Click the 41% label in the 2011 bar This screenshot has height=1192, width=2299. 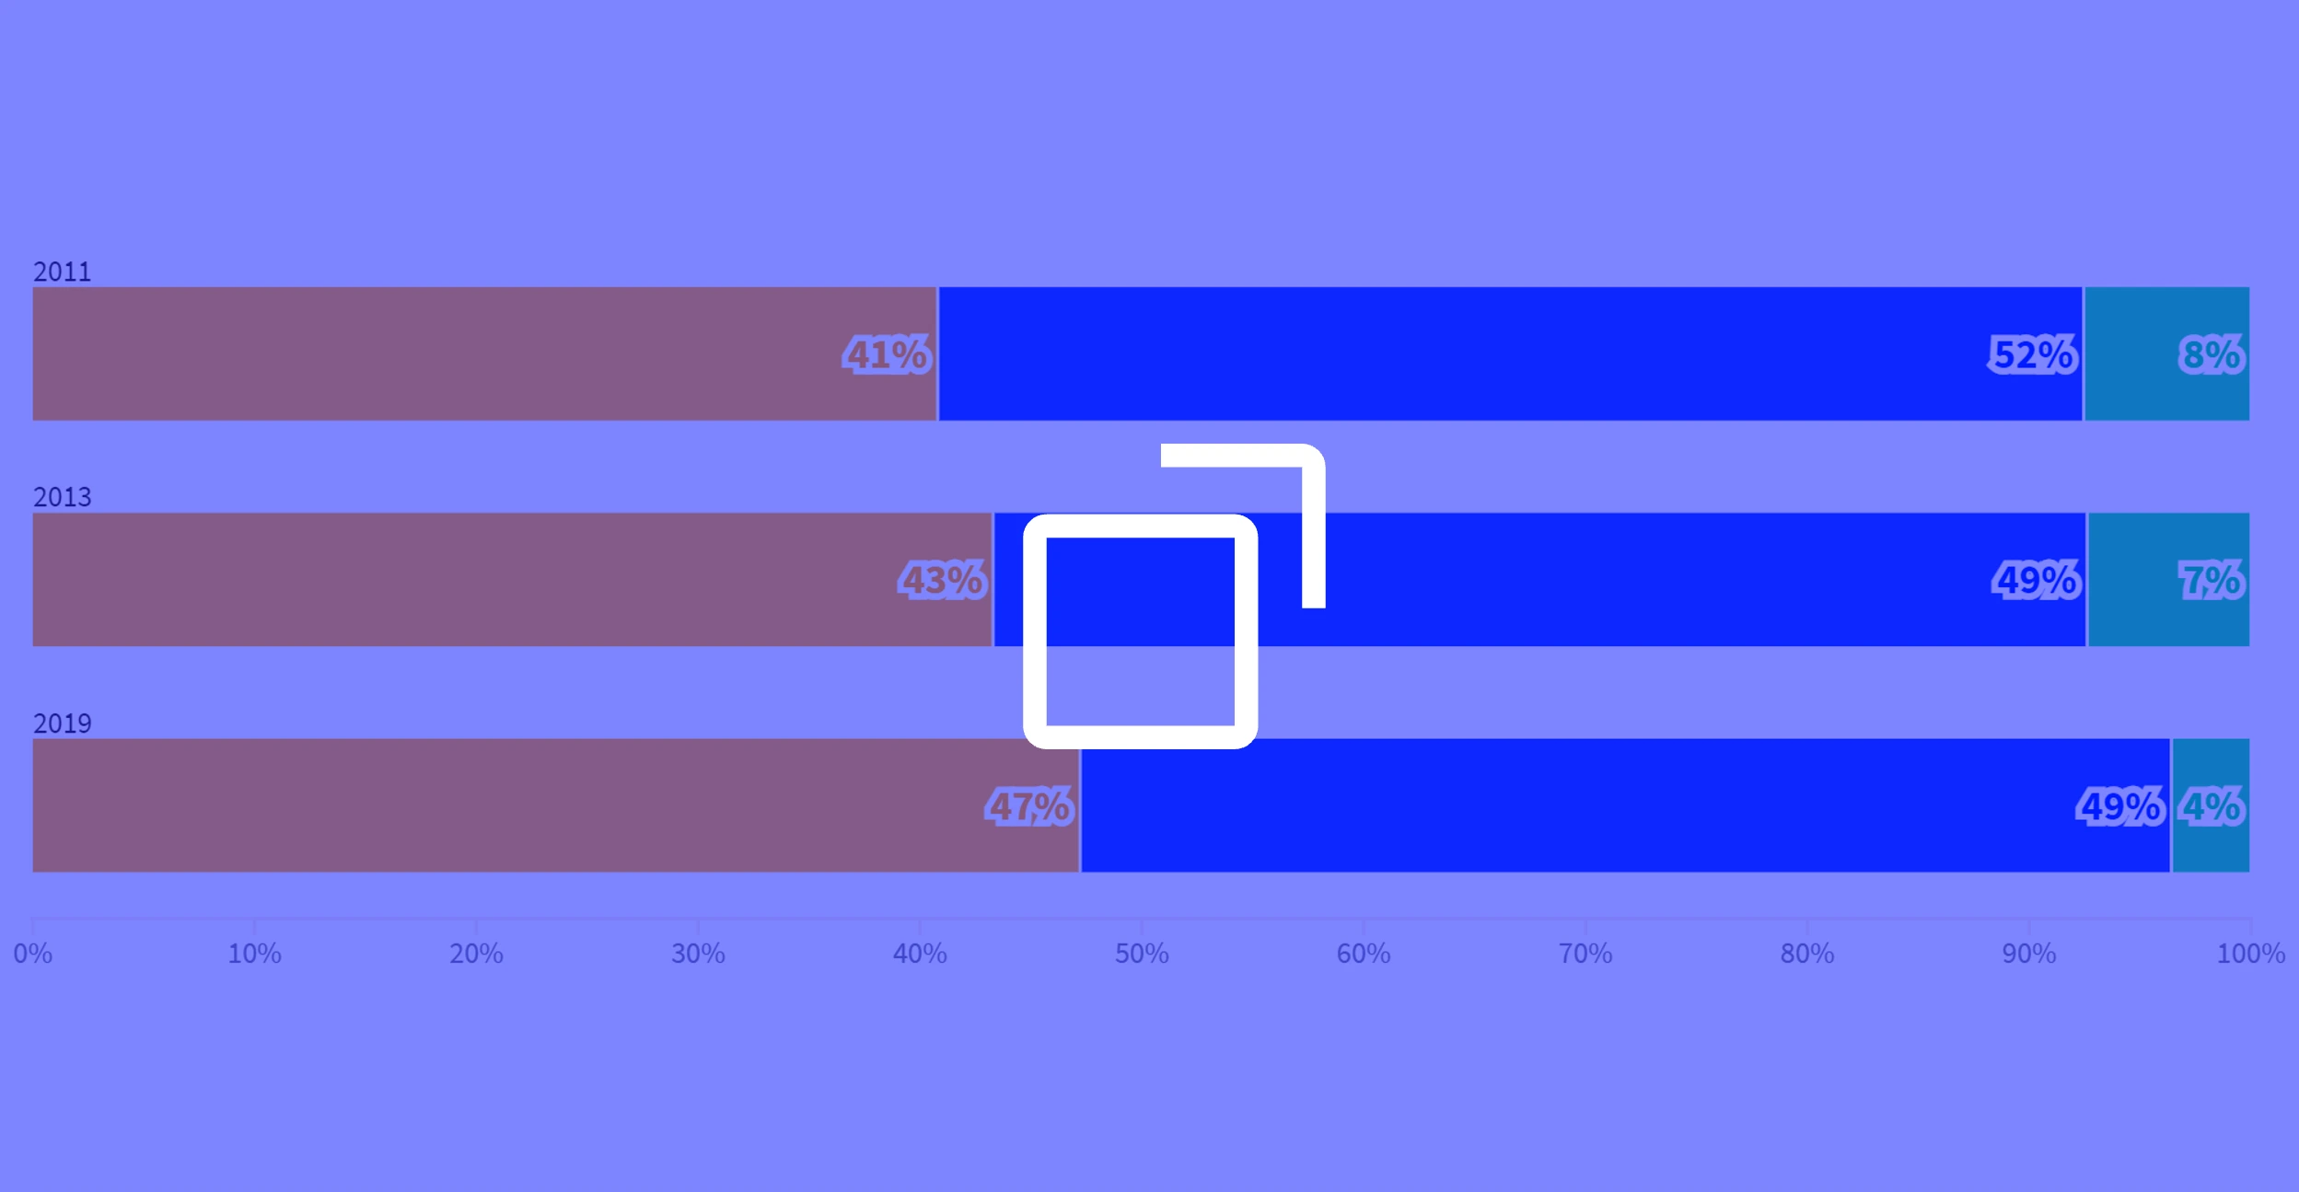[x=887, y=354]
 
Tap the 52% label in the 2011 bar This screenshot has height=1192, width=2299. [x=2033, y=354]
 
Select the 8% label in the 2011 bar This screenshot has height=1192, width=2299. [x=2212, y=354]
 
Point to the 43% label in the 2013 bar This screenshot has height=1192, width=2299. [x=943, y=580]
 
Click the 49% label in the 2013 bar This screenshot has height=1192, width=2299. [x=2037, y=580]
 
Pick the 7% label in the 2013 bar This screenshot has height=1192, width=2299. [x=2212, y=580]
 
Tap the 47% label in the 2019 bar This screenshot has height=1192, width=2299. [x=1029, y=806]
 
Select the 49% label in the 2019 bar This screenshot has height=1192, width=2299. [x=2120, y=806]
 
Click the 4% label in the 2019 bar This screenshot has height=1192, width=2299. [x=2212, y=806]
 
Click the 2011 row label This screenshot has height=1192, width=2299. [x=63, y=272]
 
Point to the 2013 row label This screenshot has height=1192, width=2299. [x=63, y=497]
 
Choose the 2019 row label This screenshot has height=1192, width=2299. [x=63, y=723]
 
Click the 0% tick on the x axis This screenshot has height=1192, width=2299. [x=33, y=954]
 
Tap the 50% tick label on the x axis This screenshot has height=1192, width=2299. [x=1142, y=954]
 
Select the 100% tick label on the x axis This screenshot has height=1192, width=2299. [x=2250, y=954]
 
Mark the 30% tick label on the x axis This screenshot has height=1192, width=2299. [x=698, y=954]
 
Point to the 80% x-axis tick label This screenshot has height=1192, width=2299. [x=1806, y=954]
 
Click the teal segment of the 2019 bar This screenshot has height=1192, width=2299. [x=2211, y=805]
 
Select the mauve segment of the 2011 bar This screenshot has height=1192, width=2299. [x=484, y=353]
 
